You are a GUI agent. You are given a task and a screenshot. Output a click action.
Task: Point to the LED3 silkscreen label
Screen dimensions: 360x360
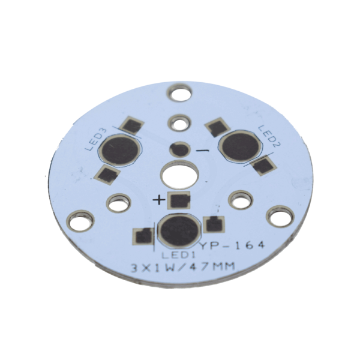95,139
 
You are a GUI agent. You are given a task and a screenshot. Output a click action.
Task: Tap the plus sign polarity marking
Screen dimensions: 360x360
159,200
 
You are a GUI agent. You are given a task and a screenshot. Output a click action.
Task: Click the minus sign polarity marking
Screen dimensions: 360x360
202,150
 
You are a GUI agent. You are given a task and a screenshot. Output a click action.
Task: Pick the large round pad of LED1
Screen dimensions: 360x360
178,231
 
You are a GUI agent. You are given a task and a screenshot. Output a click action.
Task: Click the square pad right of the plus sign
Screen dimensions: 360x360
179,200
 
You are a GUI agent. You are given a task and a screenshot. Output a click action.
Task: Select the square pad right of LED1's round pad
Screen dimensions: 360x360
212,225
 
